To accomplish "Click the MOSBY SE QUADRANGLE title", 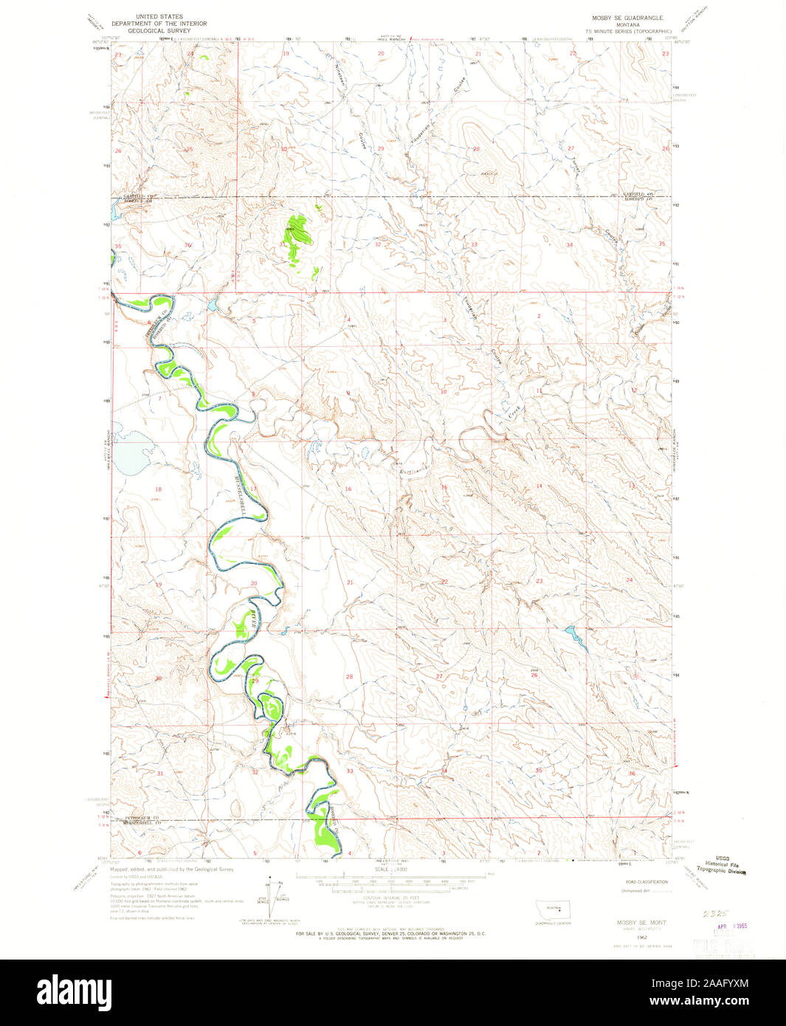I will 627,17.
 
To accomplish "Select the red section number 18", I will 158,489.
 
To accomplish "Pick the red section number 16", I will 348,489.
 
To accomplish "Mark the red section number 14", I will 539,486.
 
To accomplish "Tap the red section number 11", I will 539,390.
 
